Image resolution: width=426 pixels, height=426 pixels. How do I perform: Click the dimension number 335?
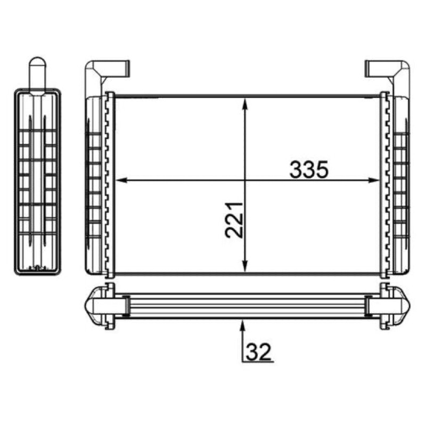coord(309,169)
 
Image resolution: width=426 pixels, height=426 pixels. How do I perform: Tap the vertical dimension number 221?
coord(234,220)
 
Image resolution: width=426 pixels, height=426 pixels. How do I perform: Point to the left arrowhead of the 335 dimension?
coord(121,180)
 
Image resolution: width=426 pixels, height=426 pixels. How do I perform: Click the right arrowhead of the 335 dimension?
coord(374,180)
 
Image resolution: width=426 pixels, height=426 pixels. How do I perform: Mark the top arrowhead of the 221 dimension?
coord(245,104)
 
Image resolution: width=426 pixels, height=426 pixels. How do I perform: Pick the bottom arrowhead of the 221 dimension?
coord(245,266)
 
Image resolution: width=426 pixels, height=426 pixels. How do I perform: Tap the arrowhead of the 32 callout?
coord(243,325)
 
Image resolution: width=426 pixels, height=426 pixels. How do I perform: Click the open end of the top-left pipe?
coord(128,68)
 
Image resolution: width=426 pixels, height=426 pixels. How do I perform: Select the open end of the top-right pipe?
coord(367,68)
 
